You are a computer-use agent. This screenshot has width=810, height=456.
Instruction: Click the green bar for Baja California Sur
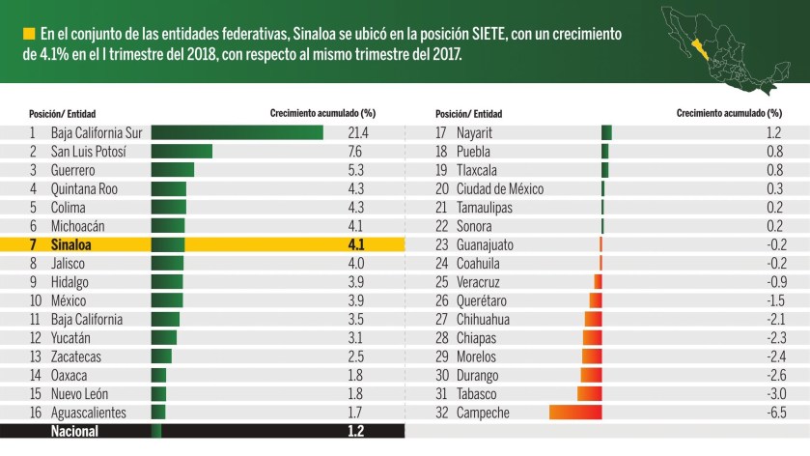point(237,132)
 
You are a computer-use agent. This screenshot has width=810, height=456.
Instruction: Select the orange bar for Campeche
point(575,413)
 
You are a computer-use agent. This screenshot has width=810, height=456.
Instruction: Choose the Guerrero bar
point(173,170)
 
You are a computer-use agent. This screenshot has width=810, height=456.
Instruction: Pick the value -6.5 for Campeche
point(772,413)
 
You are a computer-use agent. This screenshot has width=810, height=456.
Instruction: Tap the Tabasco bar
point(589,394)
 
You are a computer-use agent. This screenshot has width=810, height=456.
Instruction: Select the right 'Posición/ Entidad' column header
point(468,113)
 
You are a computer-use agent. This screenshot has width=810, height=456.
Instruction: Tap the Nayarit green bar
point(606,132)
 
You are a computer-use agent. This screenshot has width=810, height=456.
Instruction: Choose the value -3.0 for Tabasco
point(772,394)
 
